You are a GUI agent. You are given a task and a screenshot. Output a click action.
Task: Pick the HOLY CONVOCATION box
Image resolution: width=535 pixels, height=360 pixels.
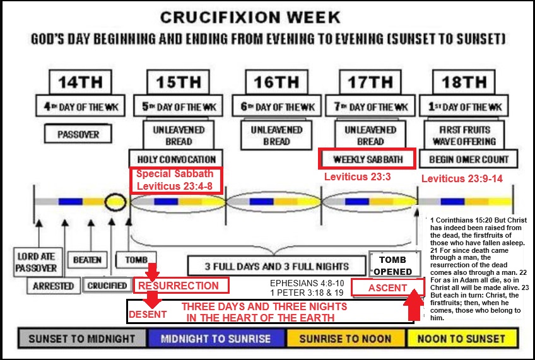tap(175, 159)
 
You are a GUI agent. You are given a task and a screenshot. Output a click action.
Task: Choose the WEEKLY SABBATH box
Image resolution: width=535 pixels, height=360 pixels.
tap(367, 159)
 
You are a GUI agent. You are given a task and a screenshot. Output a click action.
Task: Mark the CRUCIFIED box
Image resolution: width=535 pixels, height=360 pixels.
tap(108, 286)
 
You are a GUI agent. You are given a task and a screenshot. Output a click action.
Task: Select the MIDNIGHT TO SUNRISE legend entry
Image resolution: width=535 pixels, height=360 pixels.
tap(215, 339)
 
